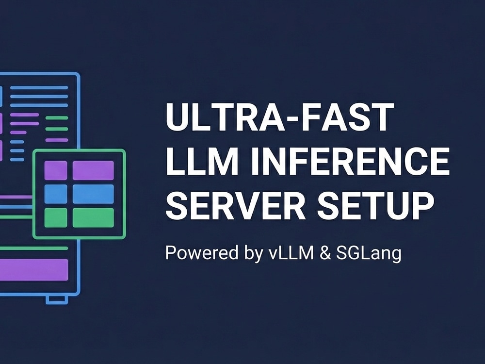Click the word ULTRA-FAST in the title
coord(280,117)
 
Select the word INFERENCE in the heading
coord(350,161)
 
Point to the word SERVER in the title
coord(236,205)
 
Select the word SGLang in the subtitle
coord(369,254)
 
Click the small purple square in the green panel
coord(56,170)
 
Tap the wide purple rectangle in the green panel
coord(93,170)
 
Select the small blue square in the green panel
coord(56,194)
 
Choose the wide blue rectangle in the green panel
coord(93,194)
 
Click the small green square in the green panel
coord(56,217)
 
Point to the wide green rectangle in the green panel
coord(93,217)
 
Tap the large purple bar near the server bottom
coord(34,270)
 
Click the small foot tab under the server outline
coord(57,299)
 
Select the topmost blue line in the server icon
coord(39,87)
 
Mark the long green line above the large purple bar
coord(34,248)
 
